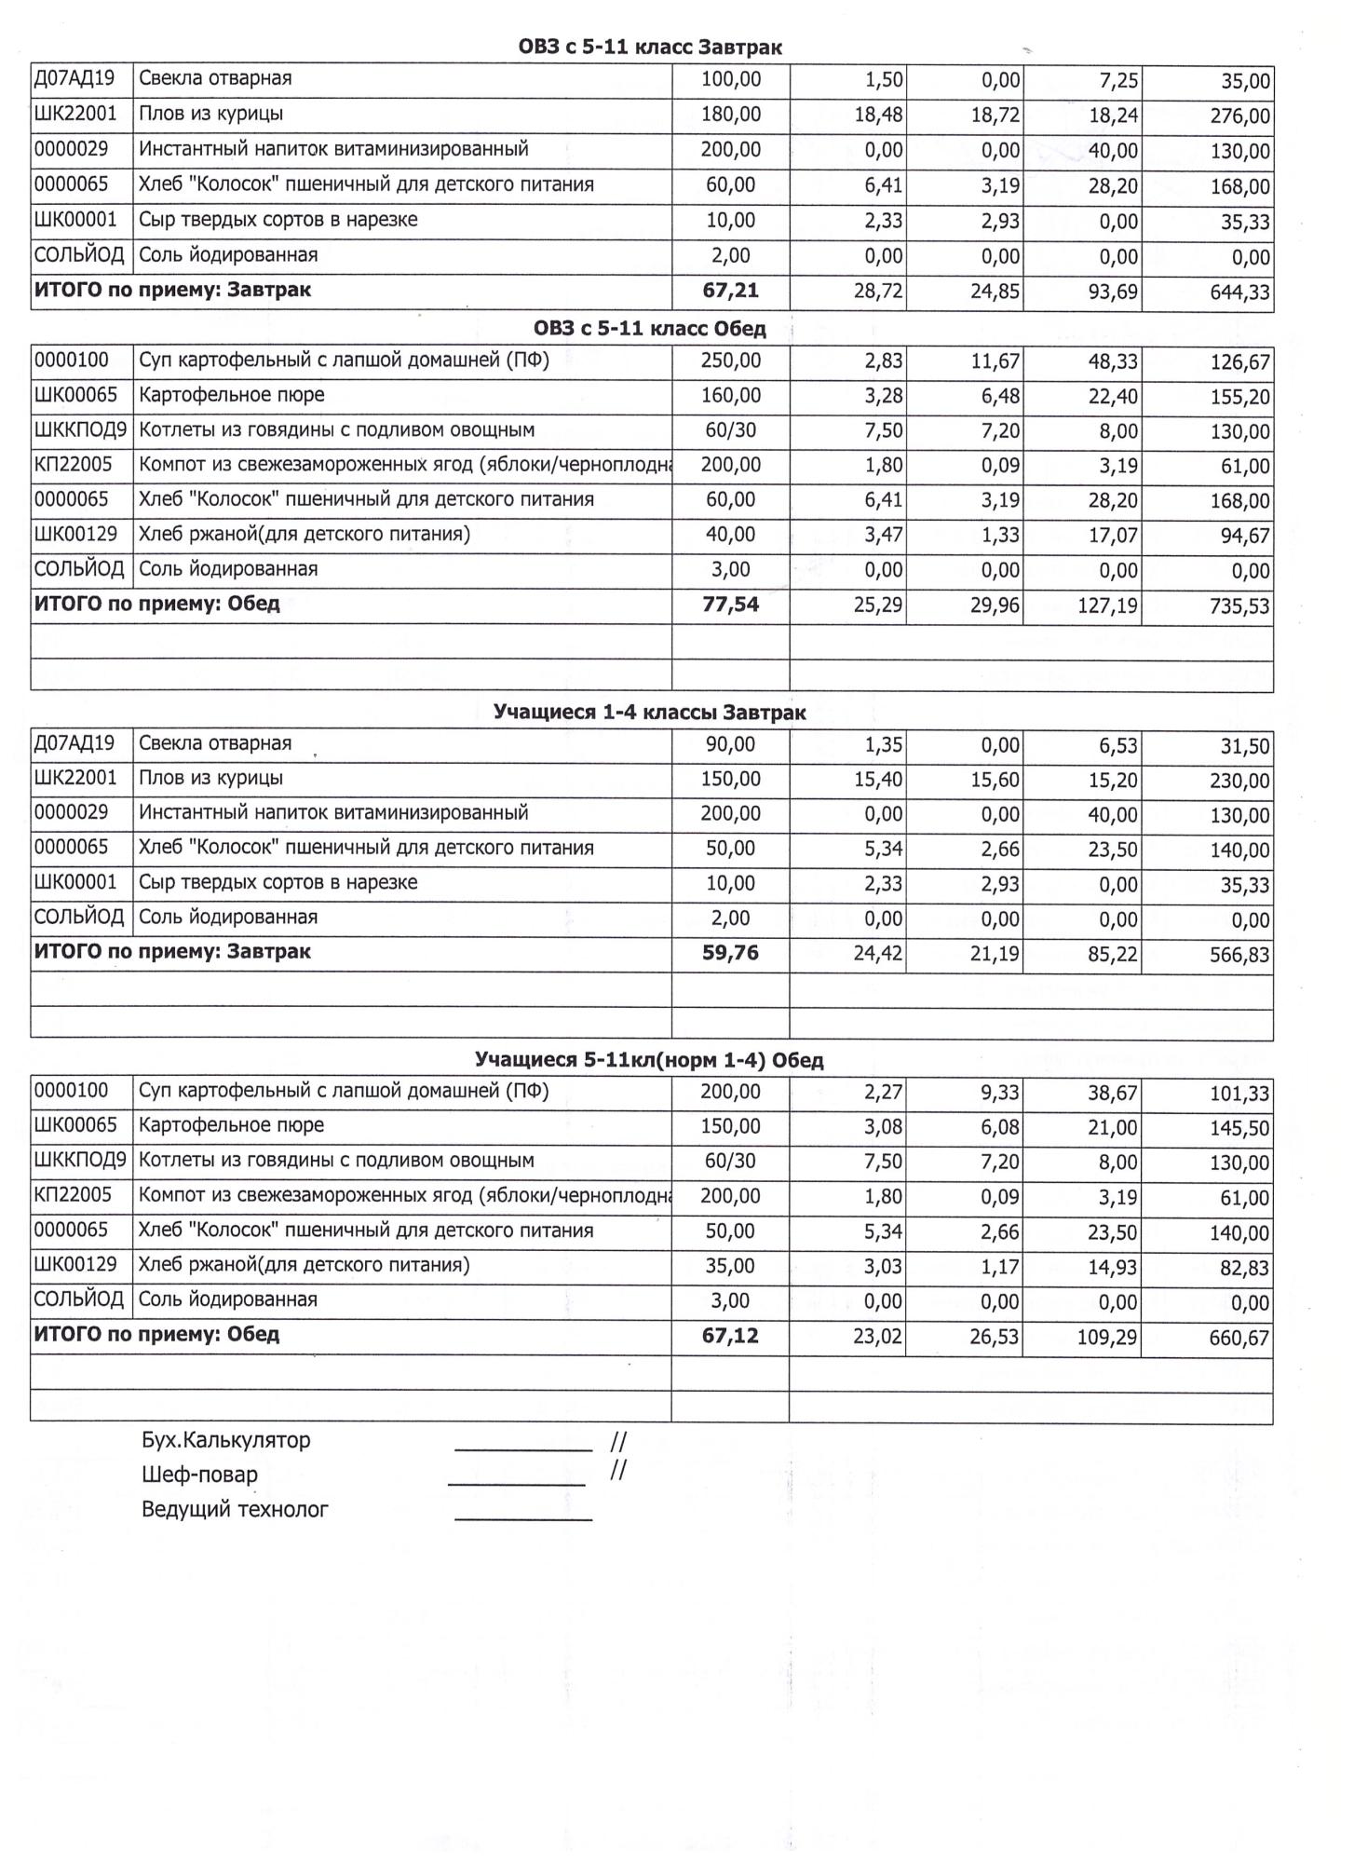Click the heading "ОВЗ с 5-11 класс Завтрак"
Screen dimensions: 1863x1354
click(650, 47)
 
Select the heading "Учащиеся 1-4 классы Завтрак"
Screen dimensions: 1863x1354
click(650, 713)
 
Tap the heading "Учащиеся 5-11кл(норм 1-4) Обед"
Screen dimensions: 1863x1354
click(650, 1060)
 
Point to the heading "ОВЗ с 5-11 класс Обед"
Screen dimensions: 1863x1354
click(650, 328)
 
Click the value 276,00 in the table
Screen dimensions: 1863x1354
click(1239, 116)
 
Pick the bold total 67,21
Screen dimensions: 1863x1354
click(730, 291)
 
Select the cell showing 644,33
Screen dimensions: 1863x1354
click(1239, 292)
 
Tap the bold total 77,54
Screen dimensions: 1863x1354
click(730, 605)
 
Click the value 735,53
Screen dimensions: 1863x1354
click(1239, 606)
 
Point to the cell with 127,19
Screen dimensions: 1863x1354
click(1108, 606)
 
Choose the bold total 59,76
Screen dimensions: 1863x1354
click(730, 953)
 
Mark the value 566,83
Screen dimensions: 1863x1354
click(1239, 955)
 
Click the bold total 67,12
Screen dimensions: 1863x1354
click(730, 1336)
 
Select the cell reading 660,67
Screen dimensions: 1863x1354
click(1239, 1339)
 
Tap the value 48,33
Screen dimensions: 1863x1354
click(1113, 361)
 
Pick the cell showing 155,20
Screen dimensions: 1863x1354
click(1239, 398)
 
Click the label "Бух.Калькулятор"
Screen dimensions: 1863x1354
click(225, 1440)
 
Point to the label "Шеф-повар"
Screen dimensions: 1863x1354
click(199, 1475)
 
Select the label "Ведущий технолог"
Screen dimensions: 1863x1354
click(235, 1509)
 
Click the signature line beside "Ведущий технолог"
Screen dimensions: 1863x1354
click(523, 1519)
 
